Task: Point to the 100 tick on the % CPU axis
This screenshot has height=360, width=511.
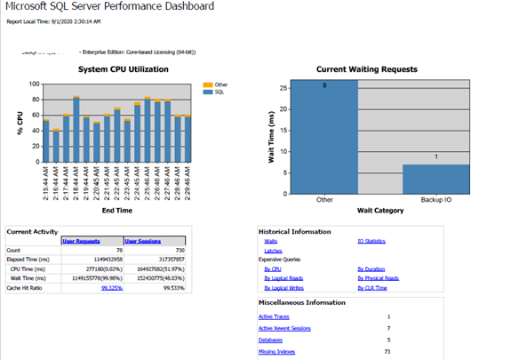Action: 34,85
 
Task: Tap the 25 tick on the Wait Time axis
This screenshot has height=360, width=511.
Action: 283,87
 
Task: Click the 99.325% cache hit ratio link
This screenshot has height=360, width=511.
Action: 111,287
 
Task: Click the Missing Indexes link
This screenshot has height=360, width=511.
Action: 276,352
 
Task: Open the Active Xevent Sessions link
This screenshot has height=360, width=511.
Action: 283,328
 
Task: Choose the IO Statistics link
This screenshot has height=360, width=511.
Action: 371,241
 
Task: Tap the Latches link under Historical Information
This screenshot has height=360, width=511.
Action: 273,251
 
